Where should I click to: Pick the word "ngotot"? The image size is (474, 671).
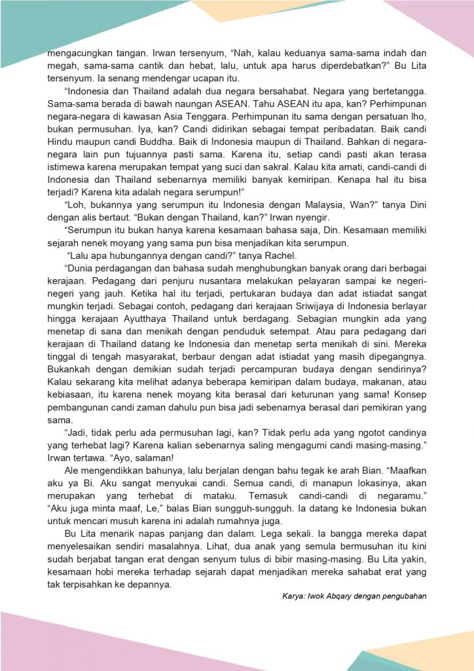tap(346, 432)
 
